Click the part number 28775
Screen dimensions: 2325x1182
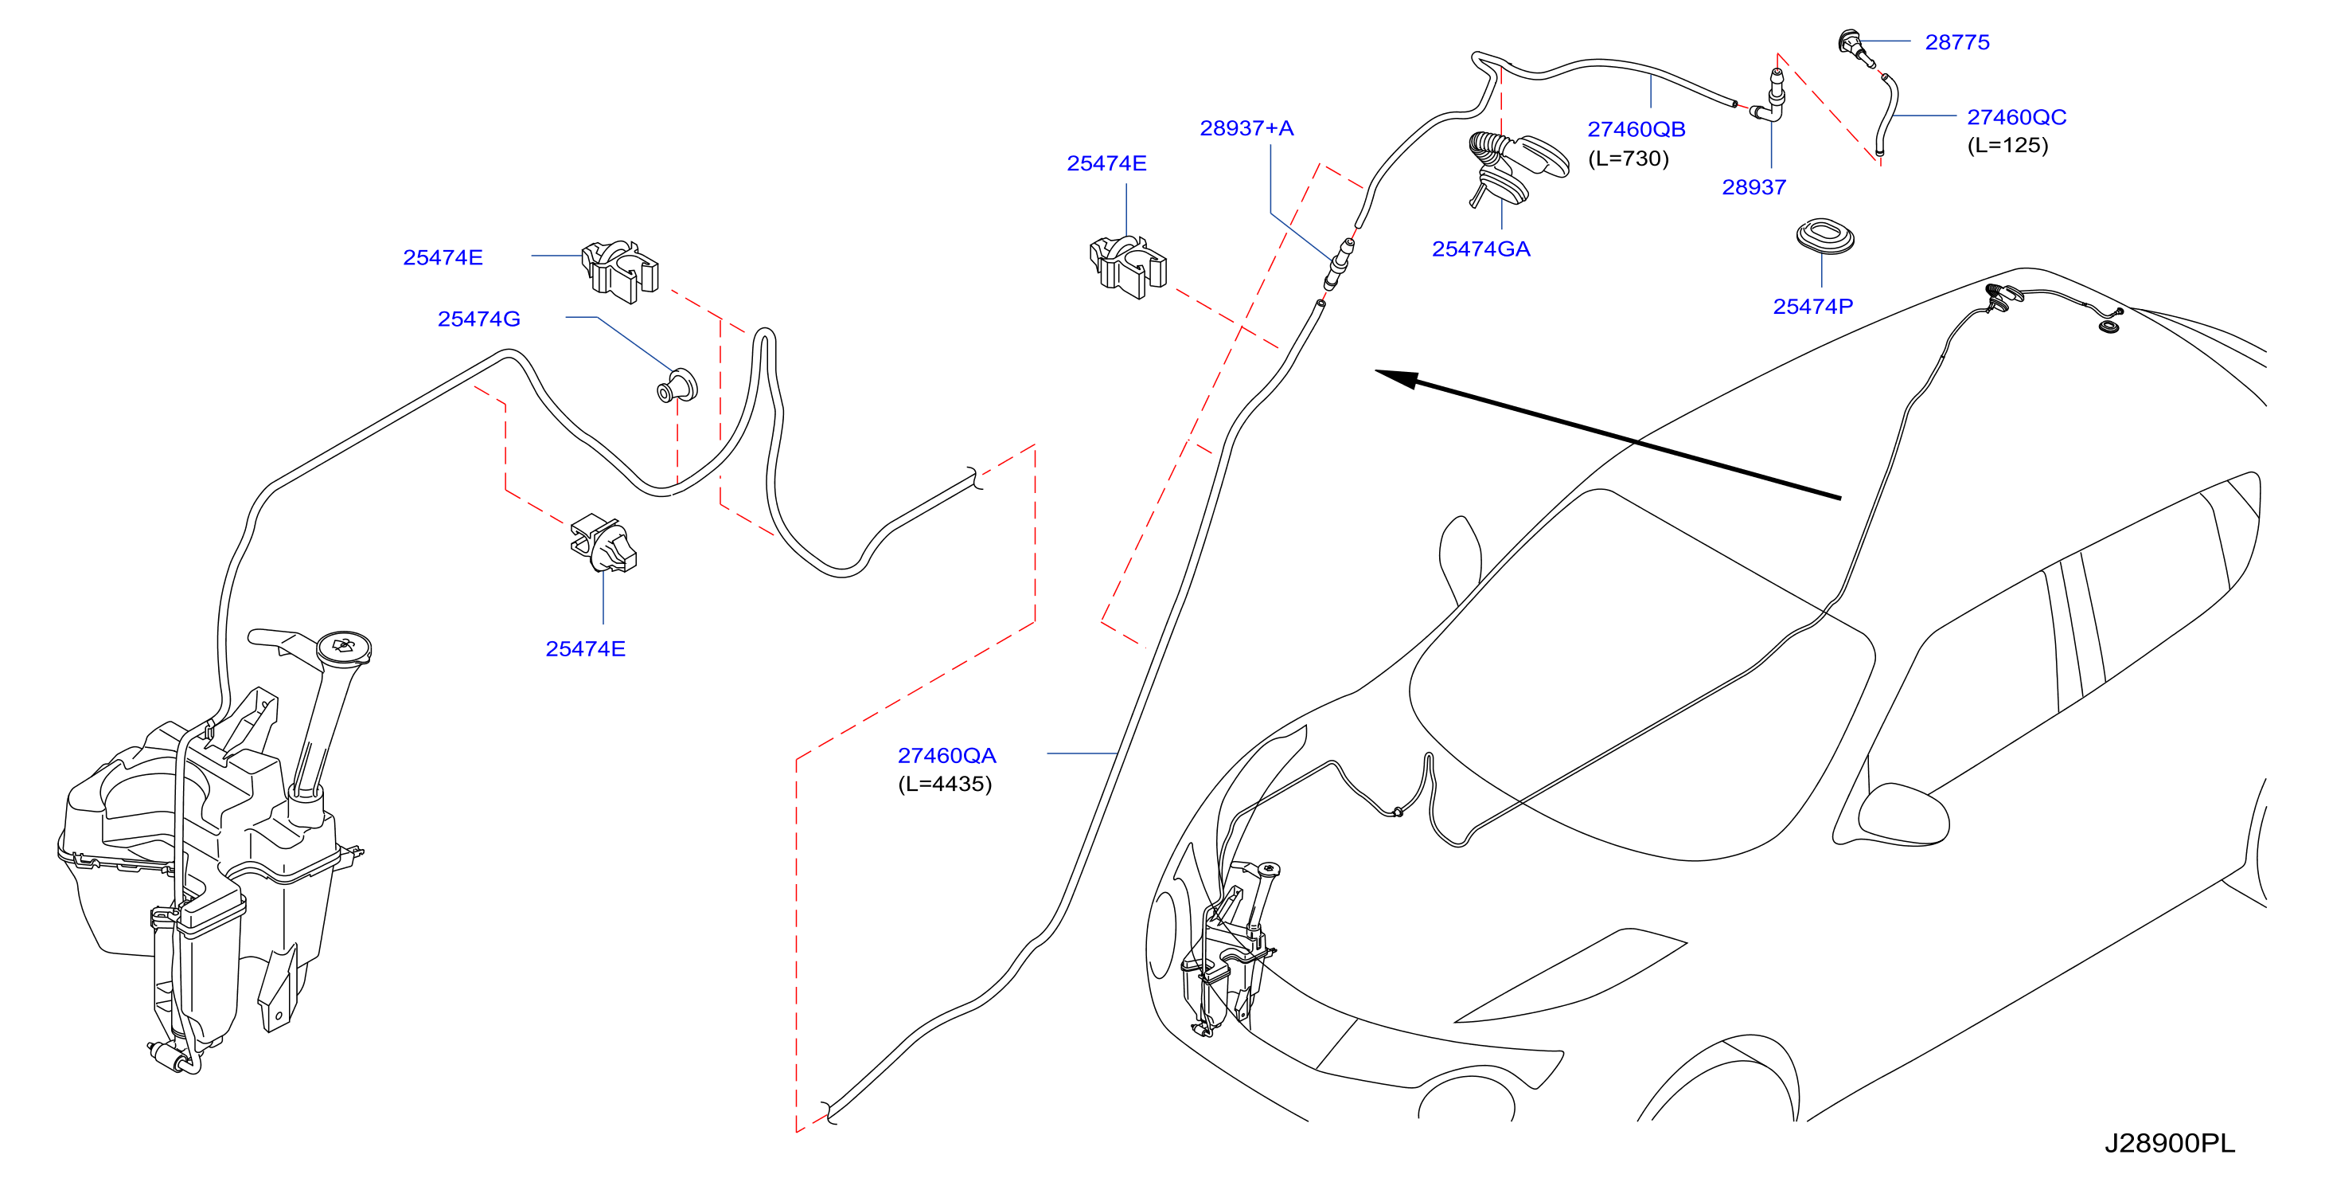1956,42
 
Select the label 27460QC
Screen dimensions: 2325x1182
2016,117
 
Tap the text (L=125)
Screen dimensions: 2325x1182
2007,146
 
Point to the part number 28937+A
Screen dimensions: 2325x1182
1246,128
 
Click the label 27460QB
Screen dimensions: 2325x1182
1636,129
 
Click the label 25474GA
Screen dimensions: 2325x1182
1481,249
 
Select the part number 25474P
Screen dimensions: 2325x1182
1812,307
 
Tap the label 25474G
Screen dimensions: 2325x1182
478,319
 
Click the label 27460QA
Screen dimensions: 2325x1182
946,756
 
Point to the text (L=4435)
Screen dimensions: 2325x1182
945,784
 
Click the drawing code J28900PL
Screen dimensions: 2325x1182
2170,1143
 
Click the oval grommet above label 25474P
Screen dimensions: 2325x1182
1825,237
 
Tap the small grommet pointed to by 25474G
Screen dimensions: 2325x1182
677,386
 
